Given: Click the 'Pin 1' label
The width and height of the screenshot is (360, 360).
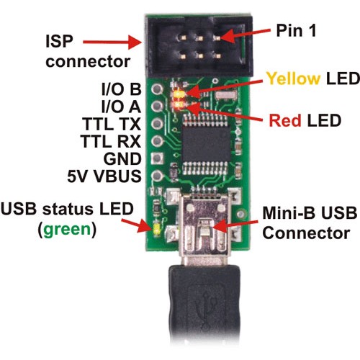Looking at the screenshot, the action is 296,30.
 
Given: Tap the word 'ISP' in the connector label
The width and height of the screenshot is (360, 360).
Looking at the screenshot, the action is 59,41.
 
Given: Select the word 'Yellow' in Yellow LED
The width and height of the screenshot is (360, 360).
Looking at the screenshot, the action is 293,78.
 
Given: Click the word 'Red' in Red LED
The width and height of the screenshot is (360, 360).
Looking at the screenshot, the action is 285,120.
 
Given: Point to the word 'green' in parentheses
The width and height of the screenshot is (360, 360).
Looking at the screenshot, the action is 68,230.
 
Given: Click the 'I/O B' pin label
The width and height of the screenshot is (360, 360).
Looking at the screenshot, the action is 122,89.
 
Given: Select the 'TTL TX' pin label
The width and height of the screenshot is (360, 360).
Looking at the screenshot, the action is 112,124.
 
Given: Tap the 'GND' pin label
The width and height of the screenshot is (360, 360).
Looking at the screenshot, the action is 122,158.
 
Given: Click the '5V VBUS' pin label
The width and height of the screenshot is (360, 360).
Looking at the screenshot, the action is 104,176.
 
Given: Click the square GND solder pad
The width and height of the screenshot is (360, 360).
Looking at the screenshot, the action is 157,158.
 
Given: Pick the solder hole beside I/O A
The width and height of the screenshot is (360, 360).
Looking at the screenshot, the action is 157,106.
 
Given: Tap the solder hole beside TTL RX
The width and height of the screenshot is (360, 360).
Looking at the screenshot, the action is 157,141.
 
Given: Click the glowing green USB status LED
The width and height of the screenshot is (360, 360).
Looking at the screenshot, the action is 157,230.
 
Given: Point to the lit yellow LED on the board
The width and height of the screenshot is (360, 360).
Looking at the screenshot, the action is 179,94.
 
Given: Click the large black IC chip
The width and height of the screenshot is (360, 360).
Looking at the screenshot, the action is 206,144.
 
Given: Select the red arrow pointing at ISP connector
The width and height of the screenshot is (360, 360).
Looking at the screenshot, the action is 112,42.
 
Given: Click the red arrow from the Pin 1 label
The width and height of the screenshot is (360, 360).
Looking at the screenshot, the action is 244,35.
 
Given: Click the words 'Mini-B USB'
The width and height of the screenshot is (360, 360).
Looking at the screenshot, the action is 310,213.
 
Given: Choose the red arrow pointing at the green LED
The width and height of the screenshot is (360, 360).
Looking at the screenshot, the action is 136,225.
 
